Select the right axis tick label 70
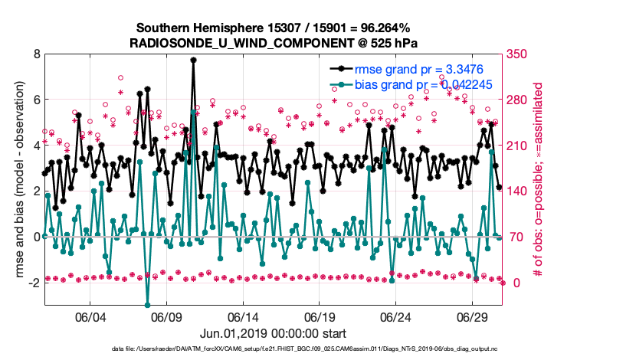pos(515,237)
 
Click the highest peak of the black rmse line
pos(193,60)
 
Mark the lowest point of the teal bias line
pos(147,305)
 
